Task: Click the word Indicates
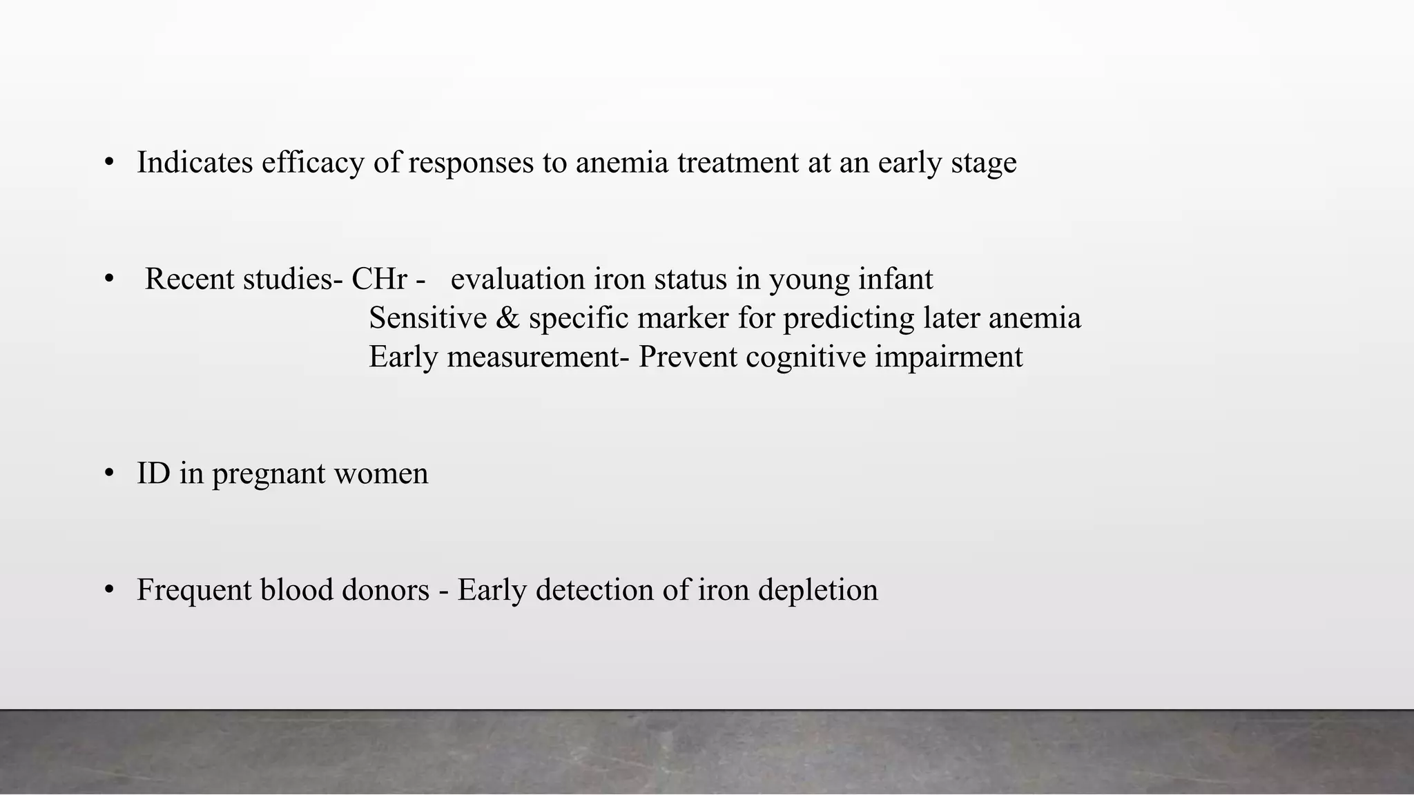(195, 163)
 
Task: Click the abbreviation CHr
(379, 279)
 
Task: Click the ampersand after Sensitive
(507, 318)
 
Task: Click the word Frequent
(193, 591)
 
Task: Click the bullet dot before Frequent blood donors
(109, 591)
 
